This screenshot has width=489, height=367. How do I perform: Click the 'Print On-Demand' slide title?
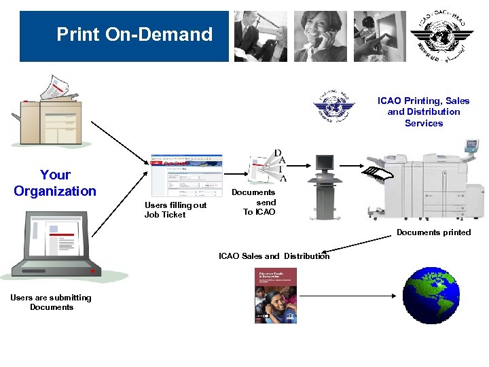click(134, 34)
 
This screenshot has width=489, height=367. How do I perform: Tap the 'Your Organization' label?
click(55, 183)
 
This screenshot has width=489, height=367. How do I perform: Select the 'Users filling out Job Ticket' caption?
click(175, 210)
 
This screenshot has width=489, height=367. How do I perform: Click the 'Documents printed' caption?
click(433, 232)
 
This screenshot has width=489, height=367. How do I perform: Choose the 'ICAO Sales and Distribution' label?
click(274, 256)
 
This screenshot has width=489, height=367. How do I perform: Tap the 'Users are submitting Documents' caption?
click(51, 302)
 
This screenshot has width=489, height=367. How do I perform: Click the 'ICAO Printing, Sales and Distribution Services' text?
click(424, 112)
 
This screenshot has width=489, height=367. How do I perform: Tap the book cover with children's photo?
click(275, 295)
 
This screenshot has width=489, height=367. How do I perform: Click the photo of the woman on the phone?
click(320, 36)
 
